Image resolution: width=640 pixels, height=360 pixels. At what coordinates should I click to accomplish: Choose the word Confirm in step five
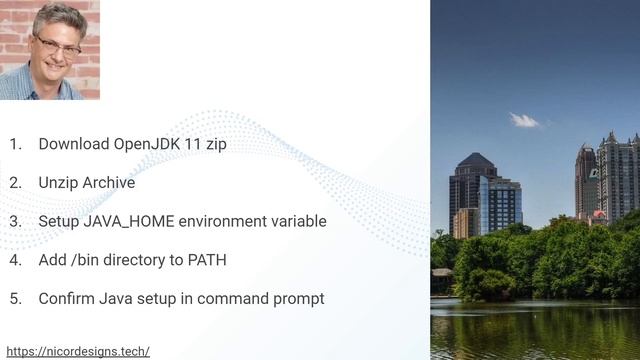(69, 298)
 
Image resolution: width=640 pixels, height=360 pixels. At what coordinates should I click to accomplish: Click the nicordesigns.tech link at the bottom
(78, 351)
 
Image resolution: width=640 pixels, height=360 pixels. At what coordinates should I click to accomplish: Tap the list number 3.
(15, 221)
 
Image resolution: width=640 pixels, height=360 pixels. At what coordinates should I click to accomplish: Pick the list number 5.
(15, 298)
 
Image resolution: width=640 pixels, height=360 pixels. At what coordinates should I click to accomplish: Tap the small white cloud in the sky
(524, 120)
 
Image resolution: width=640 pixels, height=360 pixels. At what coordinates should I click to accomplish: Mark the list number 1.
(15, 144)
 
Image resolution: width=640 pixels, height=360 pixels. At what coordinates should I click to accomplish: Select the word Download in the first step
(74, 144)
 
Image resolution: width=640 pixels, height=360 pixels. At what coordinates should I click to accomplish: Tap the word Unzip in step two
(58, 183)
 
